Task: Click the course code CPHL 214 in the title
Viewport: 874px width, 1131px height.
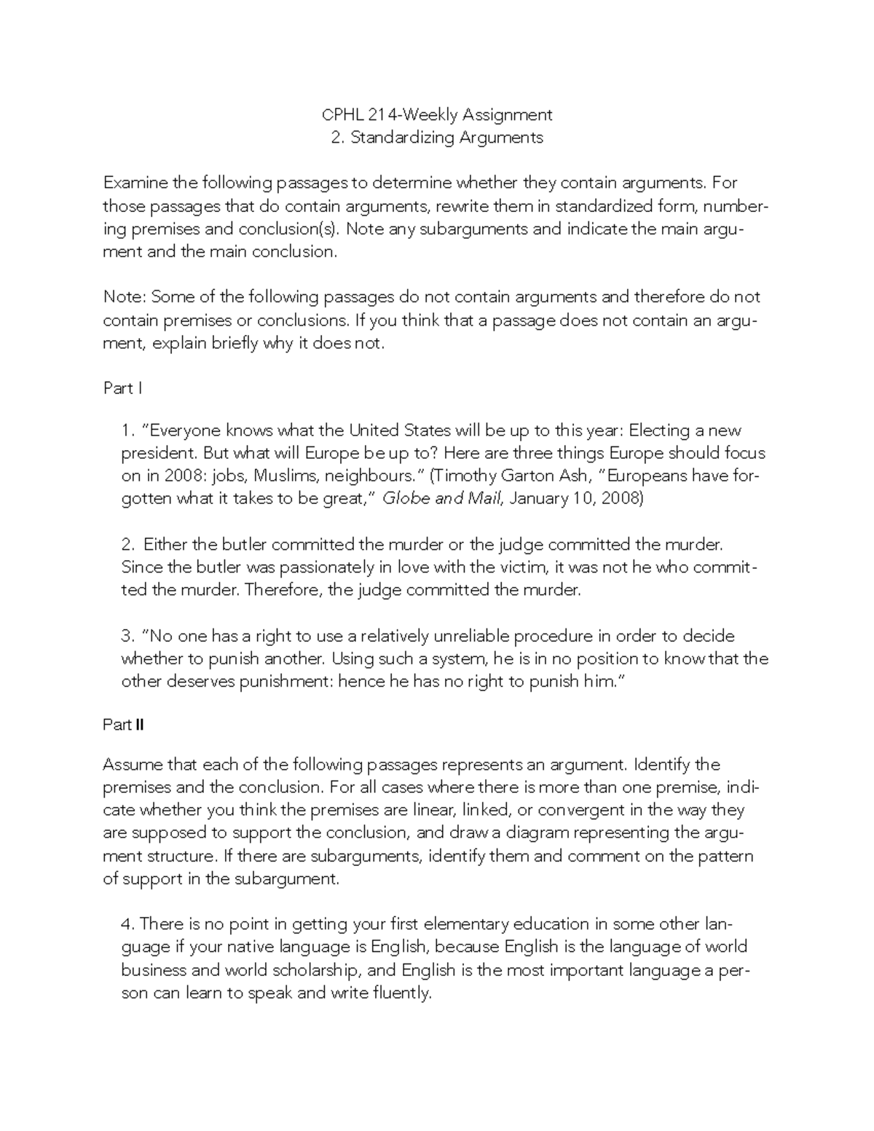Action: coord(360,114)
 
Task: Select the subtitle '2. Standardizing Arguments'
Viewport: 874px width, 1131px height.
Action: coord(437,138)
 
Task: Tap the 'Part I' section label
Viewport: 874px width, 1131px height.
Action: coord(122,388)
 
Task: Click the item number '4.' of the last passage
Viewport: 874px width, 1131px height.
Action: coord(128,924)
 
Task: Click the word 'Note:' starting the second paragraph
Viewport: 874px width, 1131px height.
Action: coord(125,297)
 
